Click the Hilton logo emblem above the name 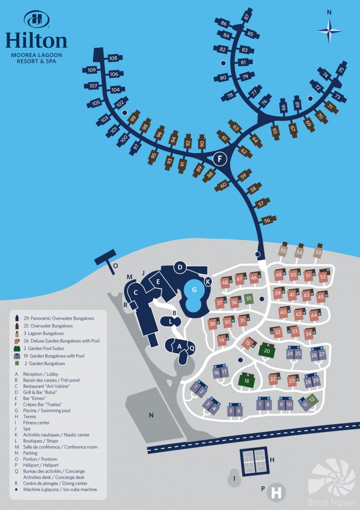[x=36, y=19]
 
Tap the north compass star [x=329, y=31]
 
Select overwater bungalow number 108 [x=112, y=58]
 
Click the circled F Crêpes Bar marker [x=220, y=159]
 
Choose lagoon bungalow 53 [x=318, y=251]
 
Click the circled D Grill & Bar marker [x=180, y=267]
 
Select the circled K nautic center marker [x=208, y=281]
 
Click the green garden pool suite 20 [x=267, y=350]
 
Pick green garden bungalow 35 [x=249, y=298]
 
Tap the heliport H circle [x=276, y=493]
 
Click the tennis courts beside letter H [x=254, y=461]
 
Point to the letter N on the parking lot [x=151, y=415]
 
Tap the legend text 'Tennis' [x=30, y=416]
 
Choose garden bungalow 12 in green [x=312, y=399]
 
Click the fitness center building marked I [x=234, y=478]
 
